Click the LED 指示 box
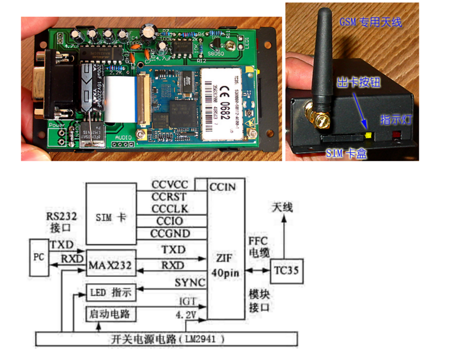tap(111, 293)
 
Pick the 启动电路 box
tap(111, 314)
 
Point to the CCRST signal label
tap(170, 197)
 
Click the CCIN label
tap(223, 187)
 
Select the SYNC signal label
tap(190, 283)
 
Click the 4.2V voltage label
tap(187, 314)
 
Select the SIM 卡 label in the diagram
tap(111, 218)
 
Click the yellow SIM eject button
tap(367, 134)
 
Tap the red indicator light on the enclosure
tap(397, 135)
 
